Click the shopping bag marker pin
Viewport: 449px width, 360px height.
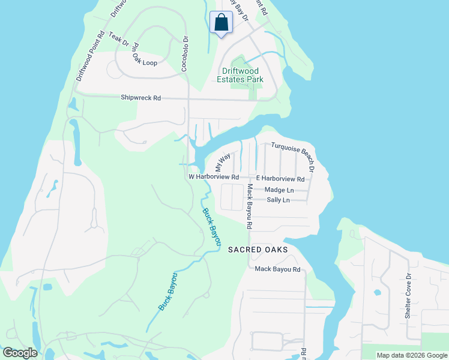pyautogui.click(x=221, y=23)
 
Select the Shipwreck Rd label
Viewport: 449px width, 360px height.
pyautogui.click(x=141, y=97)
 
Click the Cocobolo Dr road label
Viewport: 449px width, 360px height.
pyautogui.click(x=185, y=53)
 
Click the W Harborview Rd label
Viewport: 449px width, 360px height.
pyautogui.click(x=214, y=178)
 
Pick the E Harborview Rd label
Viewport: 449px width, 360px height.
pyautogui.click(x=280, y=179)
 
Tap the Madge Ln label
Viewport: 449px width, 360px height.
pyautogui.click(x=278, y=190)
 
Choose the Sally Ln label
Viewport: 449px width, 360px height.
pyautogui.click(x=278, y=200)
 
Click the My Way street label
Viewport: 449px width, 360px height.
pyautogui.click(x=223, y=162)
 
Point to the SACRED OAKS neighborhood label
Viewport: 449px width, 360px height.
pyautogui.click(x=258, y=250)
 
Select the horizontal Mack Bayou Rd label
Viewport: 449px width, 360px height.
pyautogui.click(x=277, y=269)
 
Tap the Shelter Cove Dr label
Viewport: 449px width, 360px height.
pyautogui.click(x=408, y=296)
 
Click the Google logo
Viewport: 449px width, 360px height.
pyautogui.click(x=20, y=353)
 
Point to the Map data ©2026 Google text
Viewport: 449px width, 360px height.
pyautogui.click(x=411, y=355)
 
